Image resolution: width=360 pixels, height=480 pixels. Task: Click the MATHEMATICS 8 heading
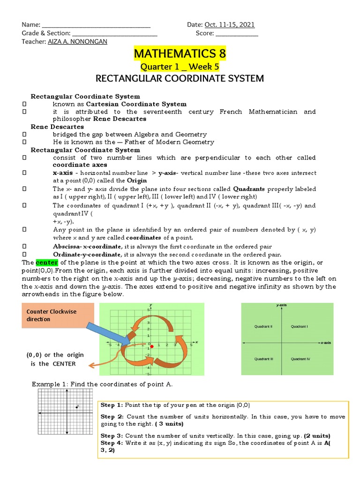(x=180, y=54)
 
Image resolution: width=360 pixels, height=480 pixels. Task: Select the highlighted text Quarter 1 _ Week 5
(x=180, y=67)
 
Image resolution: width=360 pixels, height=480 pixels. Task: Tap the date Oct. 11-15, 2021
(x=229, y=25)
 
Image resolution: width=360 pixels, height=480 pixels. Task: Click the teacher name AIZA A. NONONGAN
(x=77, y=42)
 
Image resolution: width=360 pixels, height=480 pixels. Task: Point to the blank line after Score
(x=236, y=33)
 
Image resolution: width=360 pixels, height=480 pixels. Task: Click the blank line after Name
(x=96, y=25)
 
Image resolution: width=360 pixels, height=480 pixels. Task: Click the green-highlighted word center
(x=46, y=263)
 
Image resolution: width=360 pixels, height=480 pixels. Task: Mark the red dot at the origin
(x=152, y=346)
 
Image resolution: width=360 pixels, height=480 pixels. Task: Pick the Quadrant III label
(x=264, y=359)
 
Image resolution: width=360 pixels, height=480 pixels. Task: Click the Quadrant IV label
(x=300, y=359)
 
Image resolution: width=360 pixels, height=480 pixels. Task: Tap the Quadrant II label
(x=264, y=326)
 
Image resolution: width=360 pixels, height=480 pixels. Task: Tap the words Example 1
(x=49, y=384)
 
